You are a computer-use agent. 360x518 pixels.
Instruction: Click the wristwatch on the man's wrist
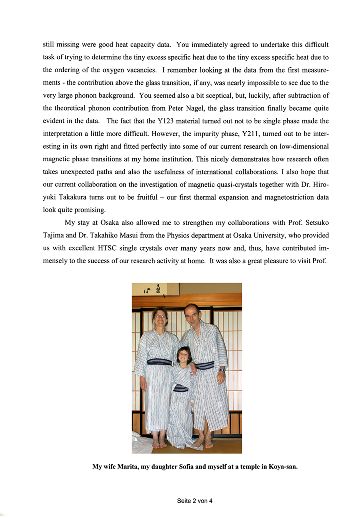point(221,370)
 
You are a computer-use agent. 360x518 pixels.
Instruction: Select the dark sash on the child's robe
point(181,388)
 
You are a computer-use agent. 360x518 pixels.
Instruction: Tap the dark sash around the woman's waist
point(159,361)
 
